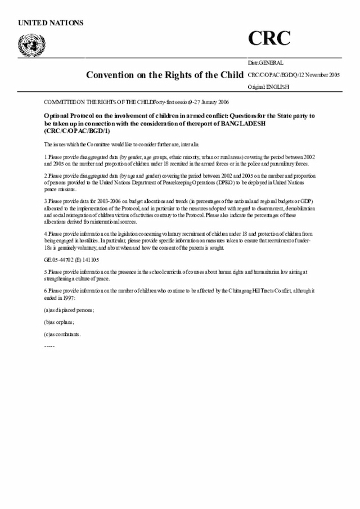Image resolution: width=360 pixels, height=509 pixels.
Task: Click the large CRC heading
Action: pyautogui.click(x=269, y=38)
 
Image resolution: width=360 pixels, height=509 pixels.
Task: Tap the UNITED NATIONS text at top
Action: pyautogui.click(x=51, y=22)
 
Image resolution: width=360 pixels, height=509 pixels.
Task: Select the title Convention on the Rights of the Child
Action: pyautogui.click(x=165, y=75)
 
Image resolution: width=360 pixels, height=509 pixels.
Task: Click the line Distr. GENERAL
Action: pyautogui.click(x=265, y=63)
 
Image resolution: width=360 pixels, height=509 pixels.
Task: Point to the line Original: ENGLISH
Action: pyautogui.click(x=268, y=87)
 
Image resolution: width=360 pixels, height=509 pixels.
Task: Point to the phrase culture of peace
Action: pyautogui.click(x=93, y=278)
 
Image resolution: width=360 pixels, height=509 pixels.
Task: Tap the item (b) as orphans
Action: pyautogui.click(x=59, y=322)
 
